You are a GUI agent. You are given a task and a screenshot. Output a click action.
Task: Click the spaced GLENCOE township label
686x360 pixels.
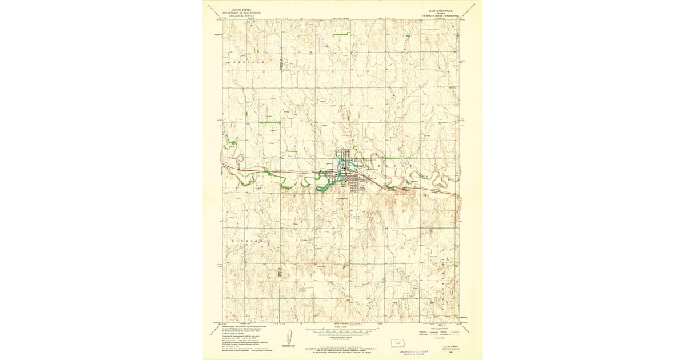246,242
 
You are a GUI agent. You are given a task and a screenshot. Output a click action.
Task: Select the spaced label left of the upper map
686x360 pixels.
247,61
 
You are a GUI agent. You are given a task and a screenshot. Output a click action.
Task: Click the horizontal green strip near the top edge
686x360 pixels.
341,35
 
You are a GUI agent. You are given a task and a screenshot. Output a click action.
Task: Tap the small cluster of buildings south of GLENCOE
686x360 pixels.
280,273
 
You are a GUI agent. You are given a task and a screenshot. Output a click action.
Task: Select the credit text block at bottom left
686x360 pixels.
243,337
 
